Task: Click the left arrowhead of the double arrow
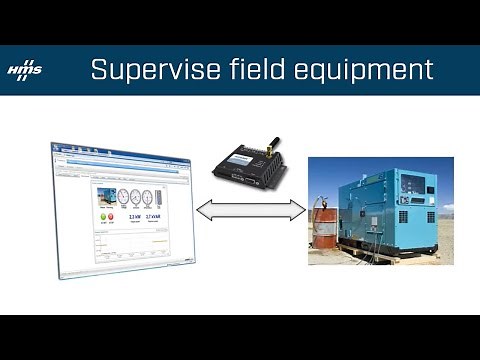[201, 211]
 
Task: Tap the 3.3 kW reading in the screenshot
[134, 216]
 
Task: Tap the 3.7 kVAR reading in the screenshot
[153, 216]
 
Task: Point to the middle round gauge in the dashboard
[135, 196]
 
